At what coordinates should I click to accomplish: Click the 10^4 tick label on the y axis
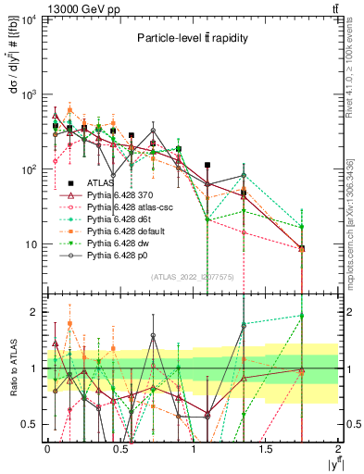click(x=30, y=19)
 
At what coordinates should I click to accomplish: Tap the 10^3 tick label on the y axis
click(x=30, y=94)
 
